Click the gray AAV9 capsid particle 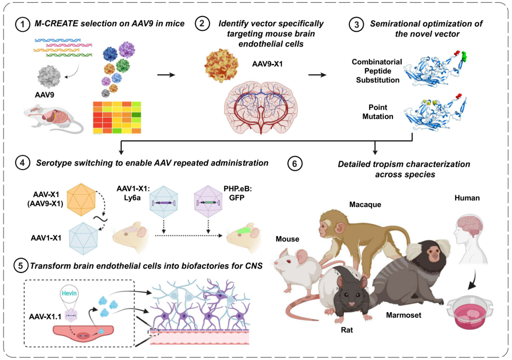(49, 76)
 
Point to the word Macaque (365, 204)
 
